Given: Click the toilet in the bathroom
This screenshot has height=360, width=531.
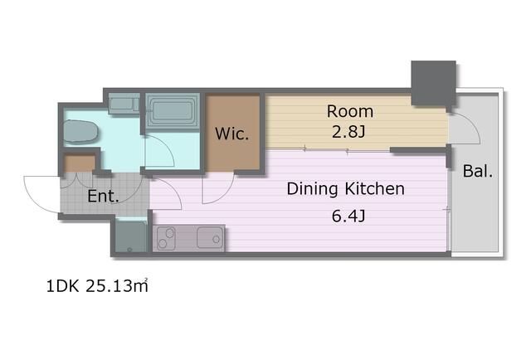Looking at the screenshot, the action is [80, 131].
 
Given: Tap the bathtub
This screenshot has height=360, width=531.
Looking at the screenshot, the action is [173, 110].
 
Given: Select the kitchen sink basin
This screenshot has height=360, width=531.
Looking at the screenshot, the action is [210, 237].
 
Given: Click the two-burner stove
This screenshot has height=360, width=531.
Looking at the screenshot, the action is [166, 238].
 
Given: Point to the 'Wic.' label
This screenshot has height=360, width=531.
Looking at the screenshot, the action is [232, 134].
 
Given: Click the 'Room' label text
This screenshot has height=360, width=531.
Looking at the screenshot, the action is [350, 111].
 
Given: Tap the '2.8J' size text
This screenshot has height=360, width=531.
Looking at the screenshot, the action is [348, 132].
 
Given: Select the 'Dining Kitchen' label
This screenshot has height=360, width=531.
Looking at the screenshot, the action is [346, 188].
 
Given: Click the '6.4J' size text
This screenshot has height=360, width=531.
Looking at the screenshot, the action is [348, 216].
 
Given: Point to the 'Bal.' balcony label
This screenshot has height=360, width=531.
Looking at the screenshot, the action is [478, 171].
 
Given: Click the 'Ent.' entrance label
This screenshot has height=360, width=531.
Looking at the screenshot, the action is [103, 196].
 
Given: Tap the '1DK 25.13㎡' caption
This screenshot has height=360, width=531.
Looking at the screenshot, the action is [97, 286].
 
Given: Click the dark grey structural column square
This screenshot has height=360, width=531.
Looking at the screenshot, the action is [433, 83].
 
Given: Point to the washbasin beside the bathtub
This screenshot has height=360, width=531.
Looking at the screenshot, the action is [124, 104].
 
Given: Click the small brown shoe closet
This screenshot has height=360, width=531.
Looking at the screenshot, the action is [80, 163].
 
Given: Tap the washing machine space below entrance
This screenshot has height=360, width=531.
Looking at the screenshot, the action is [131, 236].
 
